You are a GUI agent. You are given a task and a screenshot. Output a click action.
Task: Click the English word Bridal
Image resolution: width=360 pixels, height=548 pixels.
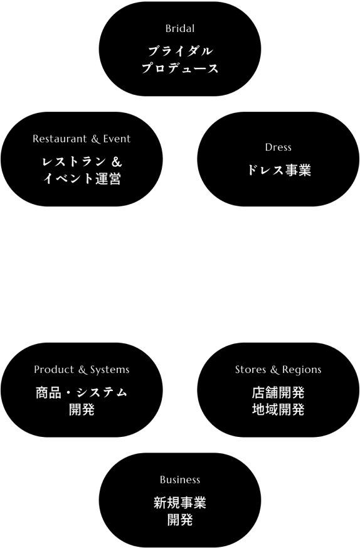(180, 29)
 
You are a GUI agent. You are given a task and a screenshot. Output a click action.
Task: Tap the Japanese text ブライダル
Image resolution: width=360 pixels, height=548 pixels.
(180, 51)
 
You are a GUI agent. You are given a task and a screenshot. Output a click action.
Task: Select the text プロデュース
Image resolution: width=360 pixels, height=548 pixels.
(180, 68)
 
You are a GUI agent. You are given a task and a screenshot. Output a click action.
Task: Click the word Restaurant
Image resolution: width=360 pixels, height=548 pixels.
(60, 139)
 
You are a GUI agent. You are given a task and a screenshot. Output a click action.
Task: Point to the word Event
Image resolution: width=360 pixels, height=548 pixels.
(117, 139)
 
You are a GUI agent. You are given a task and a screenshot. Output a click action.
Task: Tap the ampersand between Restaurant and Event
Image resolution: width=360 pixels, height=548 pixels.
(95, 139)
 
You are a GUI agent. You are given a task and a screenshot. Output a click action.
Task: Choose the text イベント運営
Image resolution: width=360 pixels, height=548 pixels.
(82, 178)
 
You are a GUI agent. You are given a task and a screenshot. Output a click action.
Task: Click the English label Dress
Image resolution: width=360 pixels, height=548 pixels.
(278, 147)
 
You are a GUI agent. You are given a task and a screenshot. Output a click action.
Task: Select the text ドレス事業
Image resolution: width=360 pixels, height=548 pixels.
(278, 170)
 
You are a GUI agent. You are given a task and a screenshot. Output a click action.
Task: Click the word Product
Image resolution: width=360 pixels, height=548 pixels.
(54, 369)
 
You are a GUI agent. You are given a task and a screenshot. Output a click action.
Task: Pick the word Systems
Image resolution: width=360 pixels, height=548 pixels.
(110, 370)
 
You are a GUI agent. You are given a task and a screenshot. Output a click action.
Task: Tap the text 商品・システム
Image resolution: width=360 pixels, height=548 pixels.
(82, 392)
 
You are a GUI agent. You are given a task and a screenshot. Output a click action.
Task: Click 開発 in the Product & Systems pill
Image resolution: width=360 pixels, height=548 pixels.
(82, 409)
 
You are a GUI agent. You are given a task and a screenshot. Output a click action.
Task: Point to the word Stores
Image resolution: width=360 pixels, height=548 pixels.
(250, 369)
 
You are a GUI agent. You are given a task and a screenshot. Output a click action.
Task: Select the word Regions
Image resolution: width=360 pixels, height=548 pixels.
(302, 370)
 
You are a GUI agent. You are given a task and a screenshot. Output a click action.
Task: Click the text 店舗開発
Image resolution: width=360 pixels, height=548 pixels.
(278, 392)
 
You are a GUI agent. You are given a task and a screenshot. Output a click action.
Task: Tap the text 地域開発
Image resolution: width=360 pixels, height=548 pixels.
(278, 409)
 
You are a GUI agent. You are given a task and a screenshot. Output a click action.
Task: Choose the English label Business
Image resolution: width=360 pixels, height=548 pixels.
(180, 480)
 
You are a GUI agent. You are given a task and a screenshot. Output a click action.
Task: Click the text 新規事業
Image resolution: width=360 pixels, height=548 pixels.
(180, 503)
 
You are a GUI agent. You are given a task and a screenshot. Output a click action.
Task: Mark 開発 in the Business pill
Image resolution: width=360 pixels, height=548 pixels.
(180, 520)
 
